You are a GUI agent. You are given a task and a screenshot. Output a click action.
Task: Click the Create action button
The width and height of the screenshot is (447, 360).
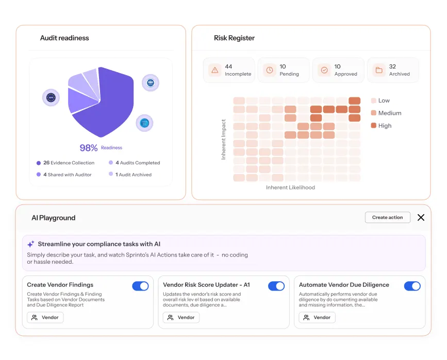click(387, 217)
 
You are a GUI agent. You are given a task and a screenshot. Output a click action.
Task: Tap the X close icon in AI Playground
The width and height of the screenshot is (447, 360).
click(421, 217)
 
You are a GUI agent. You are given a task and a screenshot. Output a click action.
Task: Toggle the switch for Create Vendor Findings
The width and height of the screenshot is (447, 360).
click(140, 286)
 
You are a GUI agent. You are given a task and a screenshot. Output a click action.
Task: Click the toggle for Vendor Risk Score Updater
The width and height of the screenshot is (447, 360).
click(276, 286)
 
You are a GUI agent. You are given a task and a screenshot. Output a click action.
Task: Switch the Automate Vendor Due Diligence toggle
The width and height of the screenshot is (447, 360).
click(412, 286)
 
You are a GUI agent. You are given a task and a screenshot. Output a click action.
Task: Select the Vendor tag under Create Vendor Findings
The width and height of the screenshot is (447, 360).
click(45, 318)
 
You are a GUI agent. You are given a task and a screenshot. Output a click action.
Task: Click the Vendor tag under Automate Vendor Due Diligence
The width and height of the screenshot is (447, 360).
click(317, 318)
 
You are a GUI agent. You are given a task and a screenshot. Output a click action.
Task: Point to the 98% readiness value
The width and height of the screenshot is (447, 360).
click(88, 148)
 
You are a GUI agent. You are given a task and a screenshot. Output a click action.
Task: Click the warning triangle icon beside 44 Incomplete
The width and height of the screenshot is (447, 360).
click(215, 70)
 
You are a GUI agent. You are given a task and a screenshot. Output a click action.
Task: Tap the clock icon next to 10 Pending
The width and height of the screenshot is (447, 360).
click(270, 70)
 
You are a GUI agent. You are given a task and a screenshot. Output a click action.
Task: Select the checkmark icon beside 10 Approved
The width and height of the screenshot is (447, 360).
click(324, 70)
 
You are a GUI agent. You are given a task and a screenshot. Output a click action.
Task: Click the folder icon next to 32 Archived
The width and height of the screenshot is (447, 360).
click(379, 70)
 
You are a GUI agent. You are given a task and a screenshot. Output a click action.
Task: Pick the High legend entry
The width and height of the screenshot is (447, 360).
click(381, 126)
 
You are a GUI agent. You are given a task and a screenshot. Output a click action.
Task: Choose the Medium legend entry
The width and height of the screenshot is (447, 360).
click(386, 113)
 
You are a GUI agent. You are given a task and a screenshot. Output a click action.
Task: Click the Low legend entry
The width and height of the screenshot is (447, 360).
click(380, 100)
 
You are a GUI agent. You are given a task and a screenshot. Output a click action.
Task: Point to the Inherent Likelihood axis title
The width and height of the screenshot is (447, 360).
click(290, 187)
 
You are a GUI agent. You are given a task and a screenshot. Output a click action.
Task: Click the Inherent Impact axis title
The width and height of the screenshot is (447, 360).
click(224, 139)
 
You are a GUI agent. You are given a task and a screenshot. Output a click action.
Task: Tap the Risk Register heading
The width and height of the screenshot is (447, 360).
click(235, 38)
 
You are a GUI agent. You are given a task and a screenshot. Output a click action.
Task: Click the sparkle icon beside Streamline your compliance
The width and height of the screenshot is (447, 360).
click(31, 244)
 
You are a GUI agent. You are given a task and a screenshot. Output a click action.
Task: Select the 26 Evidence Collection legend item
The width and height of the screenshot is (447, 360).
click(65, 163)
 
